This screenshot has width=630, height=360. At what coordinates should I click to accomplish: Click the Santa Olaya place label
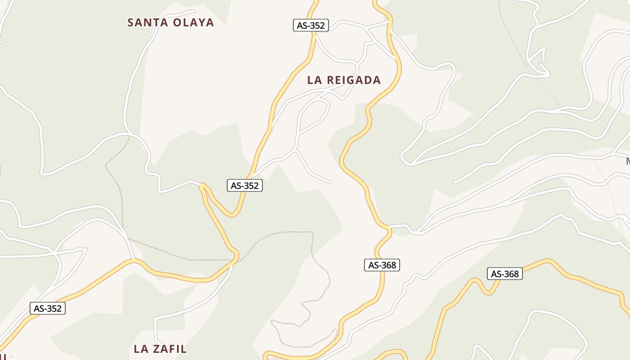(171, 22)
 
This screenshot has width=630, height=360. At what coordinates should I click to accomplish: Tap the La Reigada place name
(344, 80)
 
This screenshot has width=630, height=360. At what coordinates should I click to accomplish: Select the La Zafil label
(160, 349)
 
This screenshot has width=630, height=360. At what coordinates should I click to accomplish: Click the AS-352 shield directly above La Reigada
(311, 26)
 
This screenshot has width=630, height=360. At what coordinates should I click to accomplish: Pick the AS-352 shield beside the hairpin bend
(245, 185)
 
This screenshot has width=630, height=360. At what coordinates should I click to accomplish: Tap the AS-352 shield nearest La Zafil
(48, 308)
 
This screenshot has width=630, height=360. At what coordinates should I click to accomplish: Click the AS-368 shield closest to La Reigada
(382, 265)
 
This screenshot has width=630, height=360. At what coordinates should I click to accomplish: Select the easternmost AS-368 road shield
(505, 274)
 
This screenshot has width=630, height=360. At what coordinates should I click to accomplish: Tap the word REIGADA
(354, 80)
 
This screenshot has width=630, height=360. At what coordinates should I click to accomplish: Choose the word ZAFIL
(170, 349)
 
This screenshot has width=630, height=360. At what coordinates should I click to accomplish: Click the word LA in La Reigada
(314, 80)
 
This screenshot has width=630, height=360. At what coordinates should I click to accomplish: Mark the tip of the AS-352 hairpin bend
(203, 185)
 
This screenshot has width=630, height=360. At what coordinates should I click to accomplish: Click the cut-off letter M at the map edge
(628, 161)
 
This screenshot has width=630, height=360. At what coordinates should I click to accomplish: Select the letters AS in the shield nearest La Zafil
(39, 308)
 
